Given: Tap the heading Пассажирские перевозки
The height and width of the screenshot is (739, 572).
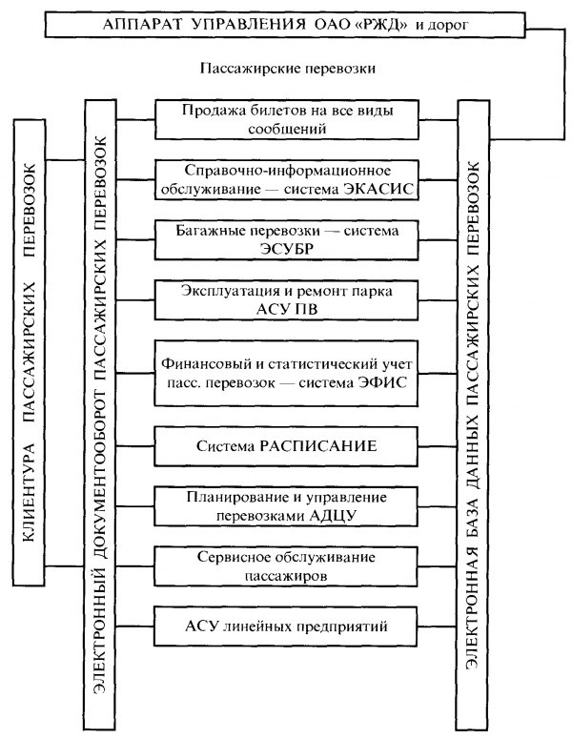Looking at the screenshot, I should (287, 70).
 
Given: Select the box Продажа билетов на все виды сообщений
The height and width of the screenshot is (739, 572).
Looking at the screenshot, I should (287, 117).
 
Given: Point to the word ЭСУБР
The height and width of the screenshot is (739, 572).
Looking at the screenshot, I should (287, 248).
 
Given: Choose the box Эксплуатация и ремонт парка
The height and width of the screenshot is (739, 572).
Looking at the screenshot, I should (287, 299).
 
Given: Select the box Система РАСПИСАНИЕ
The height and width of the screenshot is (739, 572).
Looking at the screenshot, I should (287, 445).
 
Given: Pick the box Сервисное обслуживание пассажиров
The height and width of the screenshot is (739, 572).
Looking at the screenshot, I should (287, 567).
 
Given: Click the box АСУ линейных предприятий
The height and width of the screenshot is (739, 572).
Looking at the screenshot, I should (287, 626).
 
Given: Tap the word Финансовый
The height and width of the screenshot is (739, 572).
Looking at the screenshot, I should (206, 363).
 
